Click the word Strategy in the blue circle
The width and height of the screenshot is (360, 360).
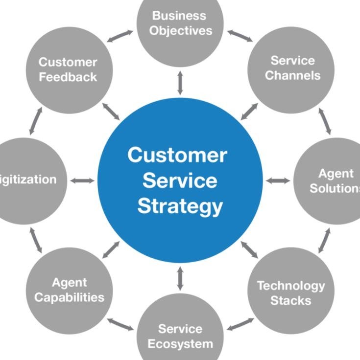[180, 206]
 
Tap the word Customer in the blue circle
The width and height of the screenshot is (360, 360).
[177, 156]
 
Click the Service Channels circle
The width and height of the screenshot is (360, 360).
[292, 68]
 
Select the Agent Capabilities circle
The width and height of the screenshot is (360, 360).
[69, 290]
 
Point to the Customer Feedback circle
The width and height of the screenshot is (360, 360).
[69, 69]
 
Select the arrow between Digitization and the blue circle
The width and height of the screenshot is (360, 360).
[82, 180]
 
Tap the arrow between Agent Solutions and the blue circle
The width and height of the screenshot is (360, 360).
[278, 180]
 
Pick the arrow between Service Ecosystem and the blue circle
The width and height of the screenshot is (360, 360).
[180, 278]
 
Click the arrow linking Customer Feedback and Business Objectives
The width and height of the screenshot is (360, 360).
[120, 37]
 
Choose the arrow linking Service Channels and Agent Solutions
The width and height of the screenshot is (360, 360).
[325, 121]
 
